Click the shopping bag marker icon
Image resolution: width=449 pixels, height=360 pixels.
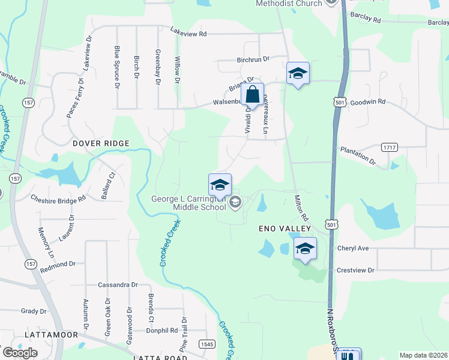click(253, 95)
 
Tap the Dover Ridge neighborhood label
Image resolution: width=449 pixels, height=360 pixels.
click(101, 143)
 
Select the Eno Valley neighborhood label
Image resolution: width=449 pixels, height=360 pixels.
click(285, 229)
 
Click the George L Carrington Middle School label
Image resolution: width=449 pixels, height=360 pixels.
click(188, 203)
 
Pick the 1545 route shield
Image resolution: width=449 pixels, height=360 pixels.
click(207, 344)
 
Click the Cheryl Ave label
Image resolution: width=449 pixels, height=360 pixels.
click(353, 248)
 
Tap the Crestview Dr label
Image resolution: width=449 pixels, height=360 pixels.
click(355, 271)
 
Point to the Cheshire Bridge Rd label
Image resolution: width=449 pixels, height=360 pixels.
click(58, 199)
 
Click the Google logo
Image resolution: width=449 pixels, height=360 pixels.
click(20, 352)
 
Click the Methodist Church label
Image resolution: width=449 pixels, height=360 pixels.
click(289, 3)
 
